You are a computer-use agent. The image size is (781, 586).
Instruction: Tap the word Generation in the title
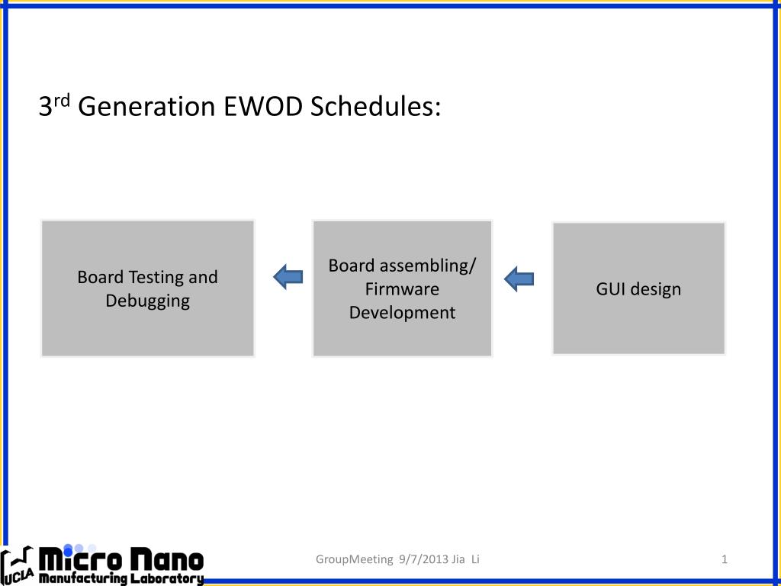pyautogui.click(x=146, y=106)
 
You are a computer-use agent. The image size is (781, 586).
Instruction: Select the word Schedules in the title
pyautogui.click(x=375, y=106)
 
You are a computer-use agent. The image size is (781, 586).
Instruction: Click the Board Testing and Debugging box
pyautogui.click(x=147, y=288)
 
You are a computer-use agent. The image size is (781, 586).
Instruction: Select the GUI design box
pyautogui.click(x=638, y=288)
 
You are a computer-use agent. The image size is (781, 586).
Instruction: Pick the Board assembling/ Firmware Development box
pyautogui.click(x=403, y=288)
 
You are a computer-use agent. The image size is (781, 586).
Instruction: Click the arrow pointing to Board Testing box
pyautogui.click(x=288, y=277)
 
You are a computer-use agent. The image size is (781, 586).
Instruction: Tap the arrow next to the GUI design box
pyautogui.click(x=519, y=279)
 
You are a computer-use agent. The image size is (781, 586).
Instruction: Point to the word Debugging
pyautogui.click(x=147, y=301)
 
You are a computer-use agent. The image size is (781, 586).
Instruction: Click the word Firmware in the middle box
pyautogui.click(x=402, y=289)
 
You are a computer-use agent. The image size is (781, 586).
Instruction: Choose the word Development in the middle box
pyautogui.click(x=402, y=313)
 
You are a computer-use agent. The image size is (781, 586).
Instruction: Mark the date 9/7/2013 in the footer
pyautogui.click(x=424, y=559)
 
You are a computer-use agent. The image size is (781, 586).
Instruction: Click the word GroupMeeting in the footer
pyautogui.click(x=354, y=559)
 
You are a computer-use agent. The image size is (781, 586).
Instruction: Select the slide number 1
pyautogui.click(x=725, y=559)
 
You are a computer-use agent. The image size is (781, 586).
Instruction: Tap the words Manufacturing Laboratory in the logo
pyautogui.click(x=121, y=578)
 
